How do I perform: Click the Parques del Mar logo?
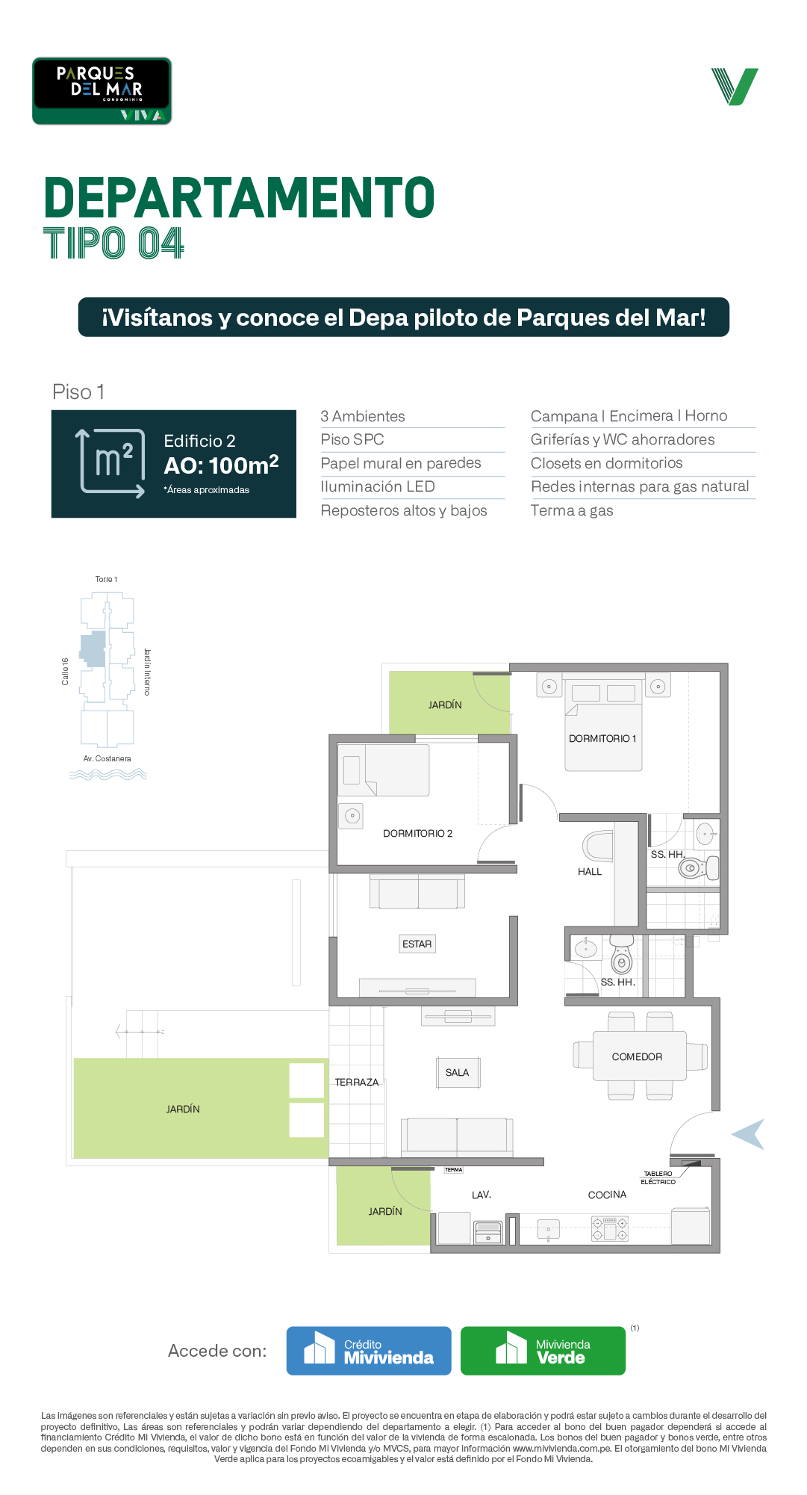click(102, 90)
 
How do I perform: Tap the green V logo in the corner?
click(735, 87)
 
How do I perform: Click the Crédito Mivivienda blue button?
click(369, 1350)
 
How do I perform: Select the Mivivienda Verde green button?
click(543, 1350)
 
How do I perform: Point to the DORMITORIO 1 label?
click(602, 738)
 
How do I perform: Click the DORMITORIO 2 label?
click(417, 833)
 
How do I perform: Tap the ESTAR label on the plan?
click(417, 944)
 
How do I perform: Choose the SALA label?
click(457, 1073)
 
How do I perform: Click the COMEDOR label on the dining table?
click(637, 1056)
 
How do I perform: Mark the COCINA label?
click(607, 1195)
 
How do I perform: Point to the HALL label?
click(590, 871)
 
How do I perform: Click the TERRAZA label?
click(357, 1082)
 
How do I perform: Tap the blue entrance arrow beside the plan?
click(749, 1134)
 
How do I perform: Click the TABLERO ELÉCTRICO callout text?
click(658, 1177)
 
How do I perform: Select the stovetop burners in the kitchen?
click(610, 1228)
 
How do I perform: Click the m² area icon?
click(111, 463)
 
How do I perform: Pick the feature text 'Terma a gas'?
click(572, 510)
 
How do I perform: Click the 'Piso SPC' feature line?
click(352, 439)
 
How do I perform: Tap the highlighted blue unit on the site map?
click(93, 649)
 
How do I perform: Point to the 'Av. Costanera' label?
click(107, 758)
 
